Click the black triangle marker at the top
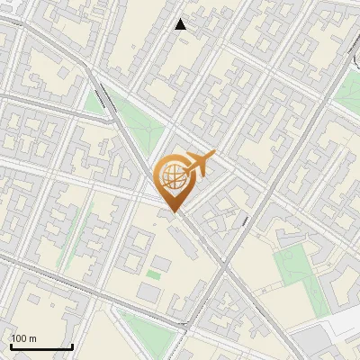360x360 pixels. (x=181, y=24)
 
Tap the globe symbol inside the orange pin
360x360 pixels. (x=171, y=176)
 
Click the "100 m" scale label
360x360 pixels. (x=23, y=337)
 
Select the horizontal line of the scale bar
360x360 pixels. (x=40, y=346)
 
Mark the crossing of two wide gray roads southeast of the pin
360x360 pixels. (x=223, y=267)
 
